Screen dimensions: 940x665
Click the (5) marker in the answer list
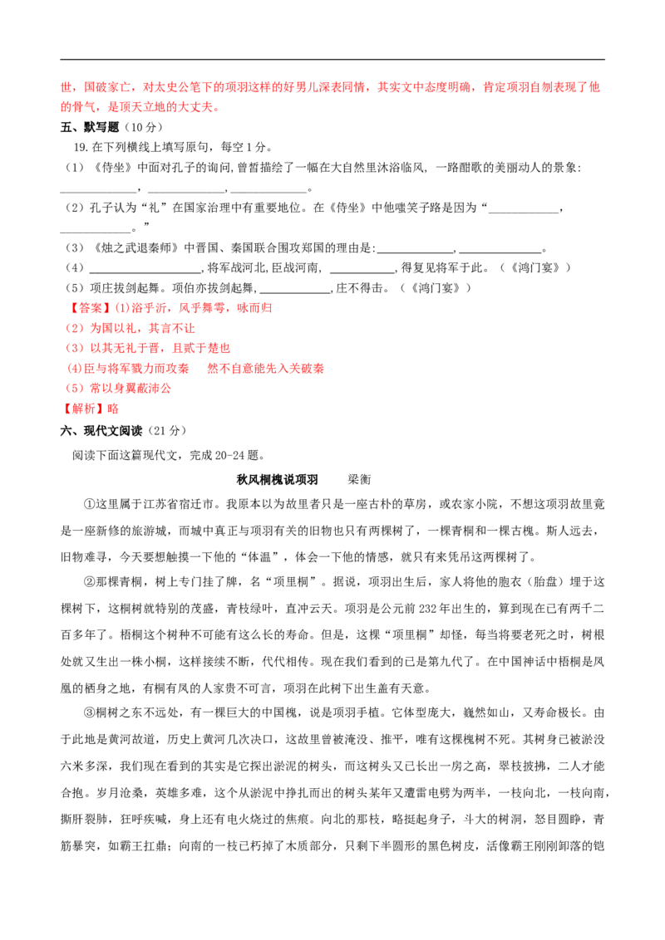(73, 389)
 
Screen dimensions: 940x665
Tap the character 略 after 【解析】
(113, 409)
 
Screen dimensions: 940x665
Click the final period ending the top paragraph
(218, 108)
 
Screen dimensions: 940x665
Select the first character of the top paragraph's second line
(66, 108)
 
